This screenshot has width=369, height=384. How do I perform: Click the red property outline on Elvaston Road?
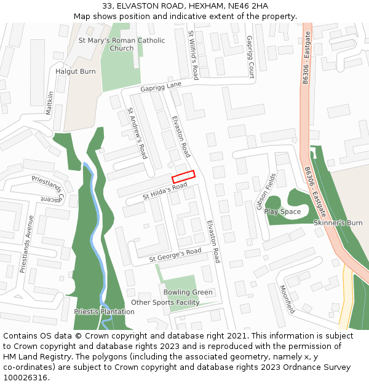[183, 176]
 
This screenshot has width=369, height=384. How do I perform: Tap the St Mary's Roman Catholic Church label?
[122, 44]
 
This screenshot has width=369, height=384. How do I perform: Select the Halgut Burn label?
[76, 71]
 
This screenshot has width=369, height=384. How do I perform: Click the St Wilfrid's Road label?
[193, 55]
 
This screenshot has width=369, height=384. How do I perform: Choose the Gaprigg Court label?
[250, 57]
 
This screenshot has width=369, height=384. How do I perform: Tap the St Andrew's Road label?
[137, 133]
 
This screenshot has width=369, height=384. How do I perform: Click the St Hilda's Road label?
[165, 191]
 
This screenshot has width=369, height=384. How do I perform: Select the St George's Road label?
[176, 256]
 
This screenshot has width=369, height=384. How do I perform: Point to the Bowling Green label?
[188, 292]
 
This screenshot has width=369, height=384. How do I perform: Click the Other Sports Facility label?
[165, 302]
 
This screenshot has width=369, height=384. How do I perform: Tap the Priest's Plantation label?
[104, 312]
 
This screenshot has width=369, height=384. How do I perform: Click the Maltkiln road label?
[50, 103]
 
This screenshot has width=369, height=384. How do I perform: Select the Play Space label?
[283, 211]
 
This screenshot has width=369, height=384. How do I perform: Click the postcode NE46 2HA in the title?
[245, 6]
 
